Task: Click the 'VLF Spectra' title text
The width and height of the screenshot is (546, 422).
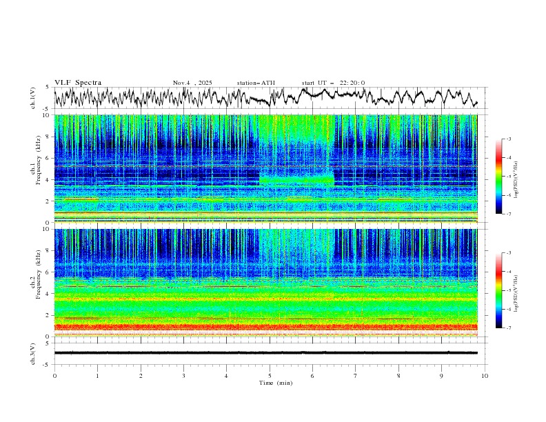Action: tap(78, 83)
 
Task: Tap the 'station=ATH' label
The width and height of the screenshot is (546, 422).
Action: tap(256, 83)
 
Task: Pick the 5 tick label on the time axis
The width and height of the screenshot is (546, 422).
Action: tap(270, 376)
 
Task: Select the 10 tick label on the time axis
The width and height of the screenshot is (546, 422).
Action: tap(485, 376)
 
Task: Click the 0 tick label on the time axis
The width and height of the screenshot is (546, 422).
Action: tap(54, 376)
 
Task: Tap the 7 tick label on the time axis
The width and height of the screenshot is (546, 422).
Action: tap(356, 376)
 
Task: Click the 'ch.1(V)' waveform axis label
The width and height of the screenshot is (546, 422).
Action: tap(33, 98)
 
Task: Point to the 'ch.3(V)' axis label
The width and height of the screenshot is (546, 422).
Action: tap(33, 352)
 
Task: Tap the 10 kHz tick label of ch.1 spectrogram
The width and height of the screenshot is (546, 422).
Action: tap(46, 115)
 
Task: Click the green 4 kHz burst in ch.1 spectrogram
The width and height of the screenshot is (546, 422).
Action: tap(296, 180)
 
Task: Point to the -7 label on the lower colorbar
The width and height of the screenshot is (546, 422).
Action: tap(507, 328)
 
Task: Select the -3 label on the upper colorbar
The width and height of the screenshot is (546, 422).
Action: tap(507, 139)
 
